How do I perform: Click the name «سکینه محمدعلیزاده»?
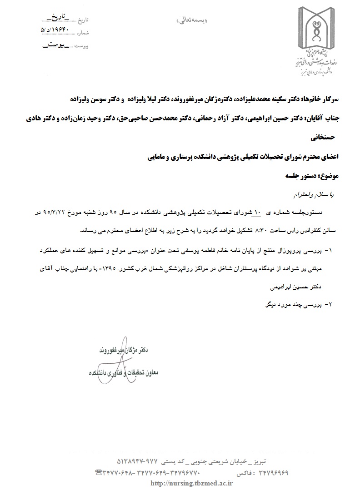[245, 99]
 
